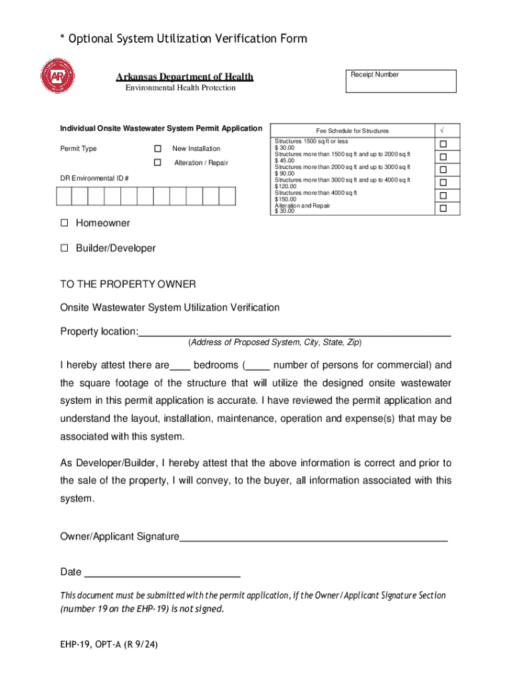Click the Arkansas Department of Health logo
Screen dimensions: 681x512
[x=57, y=77]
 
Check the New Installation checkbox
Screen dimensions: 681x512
[x=158, y=148]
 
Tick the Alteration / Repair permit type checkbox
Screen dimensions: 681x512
[x=158, y=163]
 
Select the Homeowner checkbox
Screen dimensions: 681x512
[x=64, y=223]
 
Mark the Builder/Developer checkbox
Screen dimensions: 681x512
[x=64, y=248]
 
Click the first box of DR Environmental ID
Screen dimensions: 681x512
[x=64, y=197]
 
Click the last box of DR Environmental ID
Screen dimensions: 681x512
[x=227, y=197]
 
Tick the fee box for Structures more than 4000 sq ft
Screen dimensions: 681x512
[x=442, y=196]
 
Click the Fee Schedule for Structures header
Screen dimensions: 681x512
[x=352, y=131]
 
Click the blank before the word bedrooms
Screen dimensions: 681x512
[x=180, y=365]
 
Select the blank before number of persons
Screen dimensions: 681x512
[x=258, y=365]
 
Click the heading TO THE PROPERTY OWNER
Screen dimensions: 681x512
[x=128, y=285]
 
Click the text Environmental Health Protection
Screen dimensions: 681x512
[x=180, y=88]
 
